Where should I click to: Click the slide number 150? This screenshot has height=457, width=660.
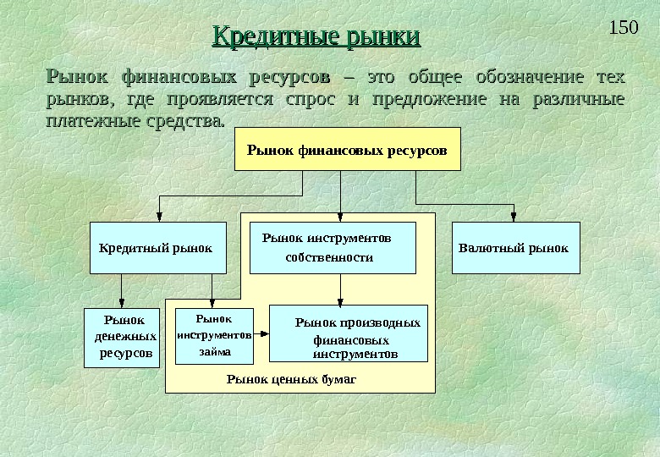pyautogui.click(x=623, y=27)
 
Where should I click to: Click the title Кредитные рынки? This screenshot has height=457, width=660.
pyautogui.click(x=316, y=37)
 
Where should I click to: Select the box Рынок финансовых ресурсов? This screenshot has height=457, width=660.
pyautogui.click(x=347, y=149)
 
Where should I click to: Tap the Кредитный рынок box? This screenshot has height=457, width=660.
pyautogui.click(x=157, y=248)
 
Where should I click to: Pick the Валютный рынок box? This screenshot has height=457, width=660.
pyautogui.click(x=516, y=248)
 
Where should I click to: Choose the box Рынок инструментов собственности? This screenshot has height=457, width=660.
pyautogui.click(x=333, y=248)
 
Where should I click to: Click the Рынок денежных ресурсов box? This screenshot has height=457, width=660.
pyautogui.click(x=122, y=338)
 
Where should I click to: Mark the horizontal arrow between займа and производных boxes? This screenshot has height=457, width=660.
pyautogui.click(x=261, y=335)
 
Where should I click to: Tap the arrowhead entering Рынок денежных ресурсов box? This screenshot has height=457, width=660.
pyautogui.click(x=122, y=305)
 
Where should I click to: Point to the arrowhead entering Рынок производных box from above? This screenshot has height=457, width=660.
pyautogui.click(x=340, y=300)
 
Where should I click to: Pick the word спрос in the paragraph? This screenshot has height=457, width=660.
pyautogui.click(x=311, y=100)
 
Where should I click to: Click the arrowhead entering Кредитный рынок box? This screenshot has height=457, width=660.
pyautogui.click(x=158, y=217)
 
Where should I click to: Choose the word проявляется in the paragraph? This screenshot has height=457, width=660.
pyautogui.click(x=219, y=100)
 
